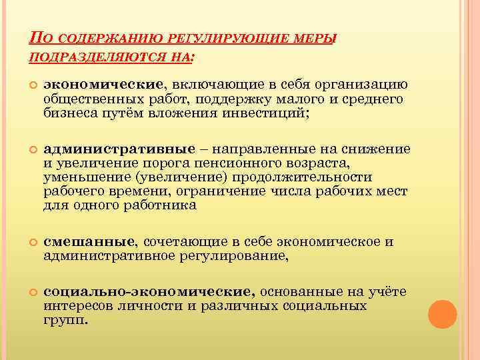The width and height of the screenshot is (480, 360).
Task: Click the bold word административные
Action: point(119,149)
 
